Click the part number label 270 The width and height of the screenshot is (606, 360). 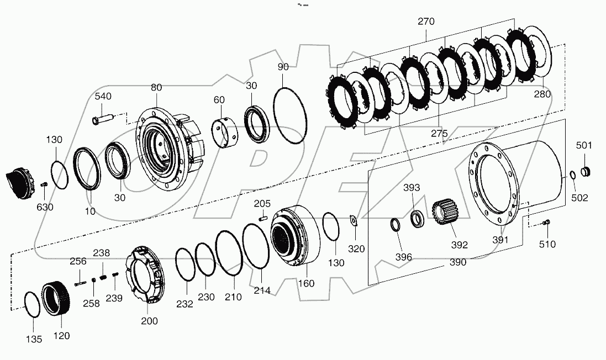(426, 22)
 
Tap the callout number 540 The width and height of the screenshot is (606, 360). (103, 96)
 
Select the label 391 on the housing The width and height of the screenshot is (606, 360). (501, 240)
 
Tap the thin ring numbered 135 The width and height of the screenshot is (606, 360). (33, 305)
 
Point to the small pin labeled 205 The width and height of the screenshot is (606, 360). (263, 218)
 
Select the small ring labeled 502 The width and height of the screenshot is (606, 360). (573, 176)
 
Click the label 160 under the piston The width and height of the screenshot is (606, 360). (306, 283)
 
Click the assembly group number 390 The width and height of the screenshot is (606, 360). (458, 262)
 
